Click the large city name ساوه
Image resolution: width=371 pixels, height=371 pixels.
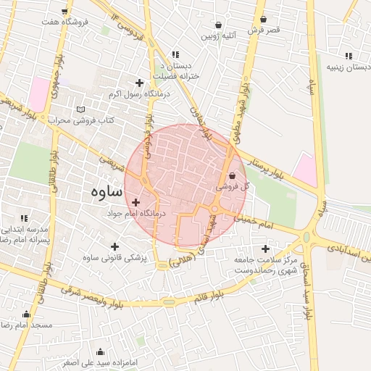click(107, 192)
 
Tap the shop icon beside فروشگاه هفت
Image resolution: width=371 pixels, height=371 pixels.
click(66, 12)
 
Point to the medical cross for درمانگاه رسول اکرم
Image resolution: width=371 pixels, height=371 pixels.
click(140, 83)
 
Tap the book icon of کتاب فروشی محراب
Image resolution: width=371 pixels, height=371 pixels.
click(80, 109)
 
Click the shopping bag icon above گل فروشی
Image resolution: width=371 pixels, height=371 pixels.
click(232, 175)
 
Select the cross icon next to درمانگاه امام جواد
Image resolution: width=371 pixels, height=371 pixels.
click(136, 202)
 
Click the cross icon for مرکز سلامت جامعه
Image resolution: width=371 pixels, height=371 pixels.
click(265, 249)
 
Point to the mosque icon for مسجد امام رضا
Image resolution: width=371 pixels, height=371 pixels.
click(27, 314)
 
